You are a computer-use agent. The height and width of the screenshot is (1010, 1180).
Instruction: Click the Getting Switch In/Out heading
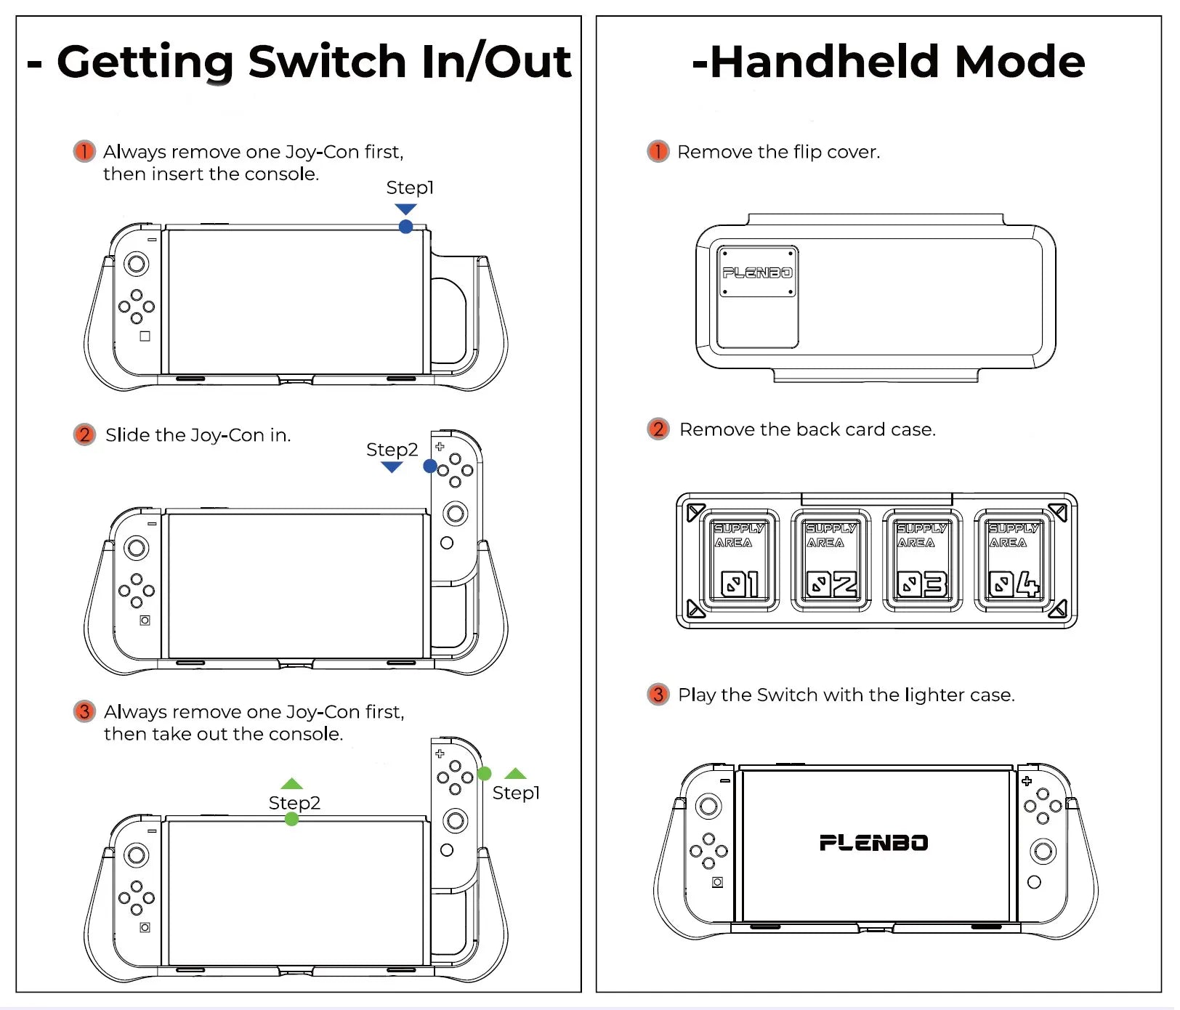tap(299, 62)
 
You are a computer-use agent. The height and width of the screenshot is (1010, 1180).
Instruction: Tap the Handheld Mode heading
tap(889, 61)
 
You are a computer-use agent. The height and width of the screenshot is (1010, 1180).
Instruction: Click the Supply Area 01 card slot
tap(740, 560)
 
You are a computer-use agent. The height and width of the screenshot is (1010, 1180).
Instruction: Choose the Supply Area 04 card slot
tap(1014, 560)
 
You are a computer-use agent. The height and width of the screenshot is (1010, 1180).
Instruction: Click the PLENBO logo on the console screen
tap(874, 843)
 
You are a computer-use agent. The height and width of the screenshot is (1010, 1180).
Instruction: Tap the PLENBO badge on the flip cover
tap(758, 272)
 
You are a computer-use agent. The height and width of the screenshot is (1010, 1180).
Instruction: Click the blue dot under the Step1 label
tap(406, 227)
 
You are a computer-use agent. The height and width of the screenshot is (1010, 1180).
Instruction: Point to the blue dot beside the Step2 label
tap(430, 466)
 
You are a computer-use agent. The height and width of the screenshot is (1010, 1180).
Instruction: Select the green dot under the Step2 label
tap(292, 819)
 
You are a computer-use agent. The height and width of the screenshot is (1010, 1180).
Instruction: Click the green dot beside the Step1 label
tap(485, 774)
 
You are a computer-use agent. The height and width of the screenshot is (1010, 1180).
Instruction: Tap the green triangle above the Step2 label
tap(291, 783)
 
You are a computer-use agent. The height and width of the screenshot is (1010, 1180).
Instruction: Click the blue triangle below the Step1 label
tap(405, 209)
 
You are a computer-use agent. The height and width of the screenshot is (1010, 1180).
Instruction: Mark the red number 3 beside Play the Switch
tap(658, 695)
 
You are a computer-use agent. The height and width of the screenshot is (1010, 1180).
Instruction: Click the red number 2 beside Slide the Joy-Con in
tap(84, 435)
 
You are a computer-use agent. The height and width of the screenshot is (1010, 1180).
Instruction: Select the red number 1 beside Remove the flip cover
tap(658, 151)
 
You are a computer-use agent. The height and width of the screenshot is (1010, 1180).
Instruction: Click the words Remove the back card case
tap(807, 429)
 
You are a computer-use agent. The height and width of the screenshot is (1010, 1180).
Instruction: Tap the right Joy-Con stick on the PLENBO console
tap(1043, 851)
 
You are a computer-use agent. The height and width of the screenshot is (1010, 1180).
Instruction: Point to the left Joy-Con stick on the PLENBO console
tap(708, 806)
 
